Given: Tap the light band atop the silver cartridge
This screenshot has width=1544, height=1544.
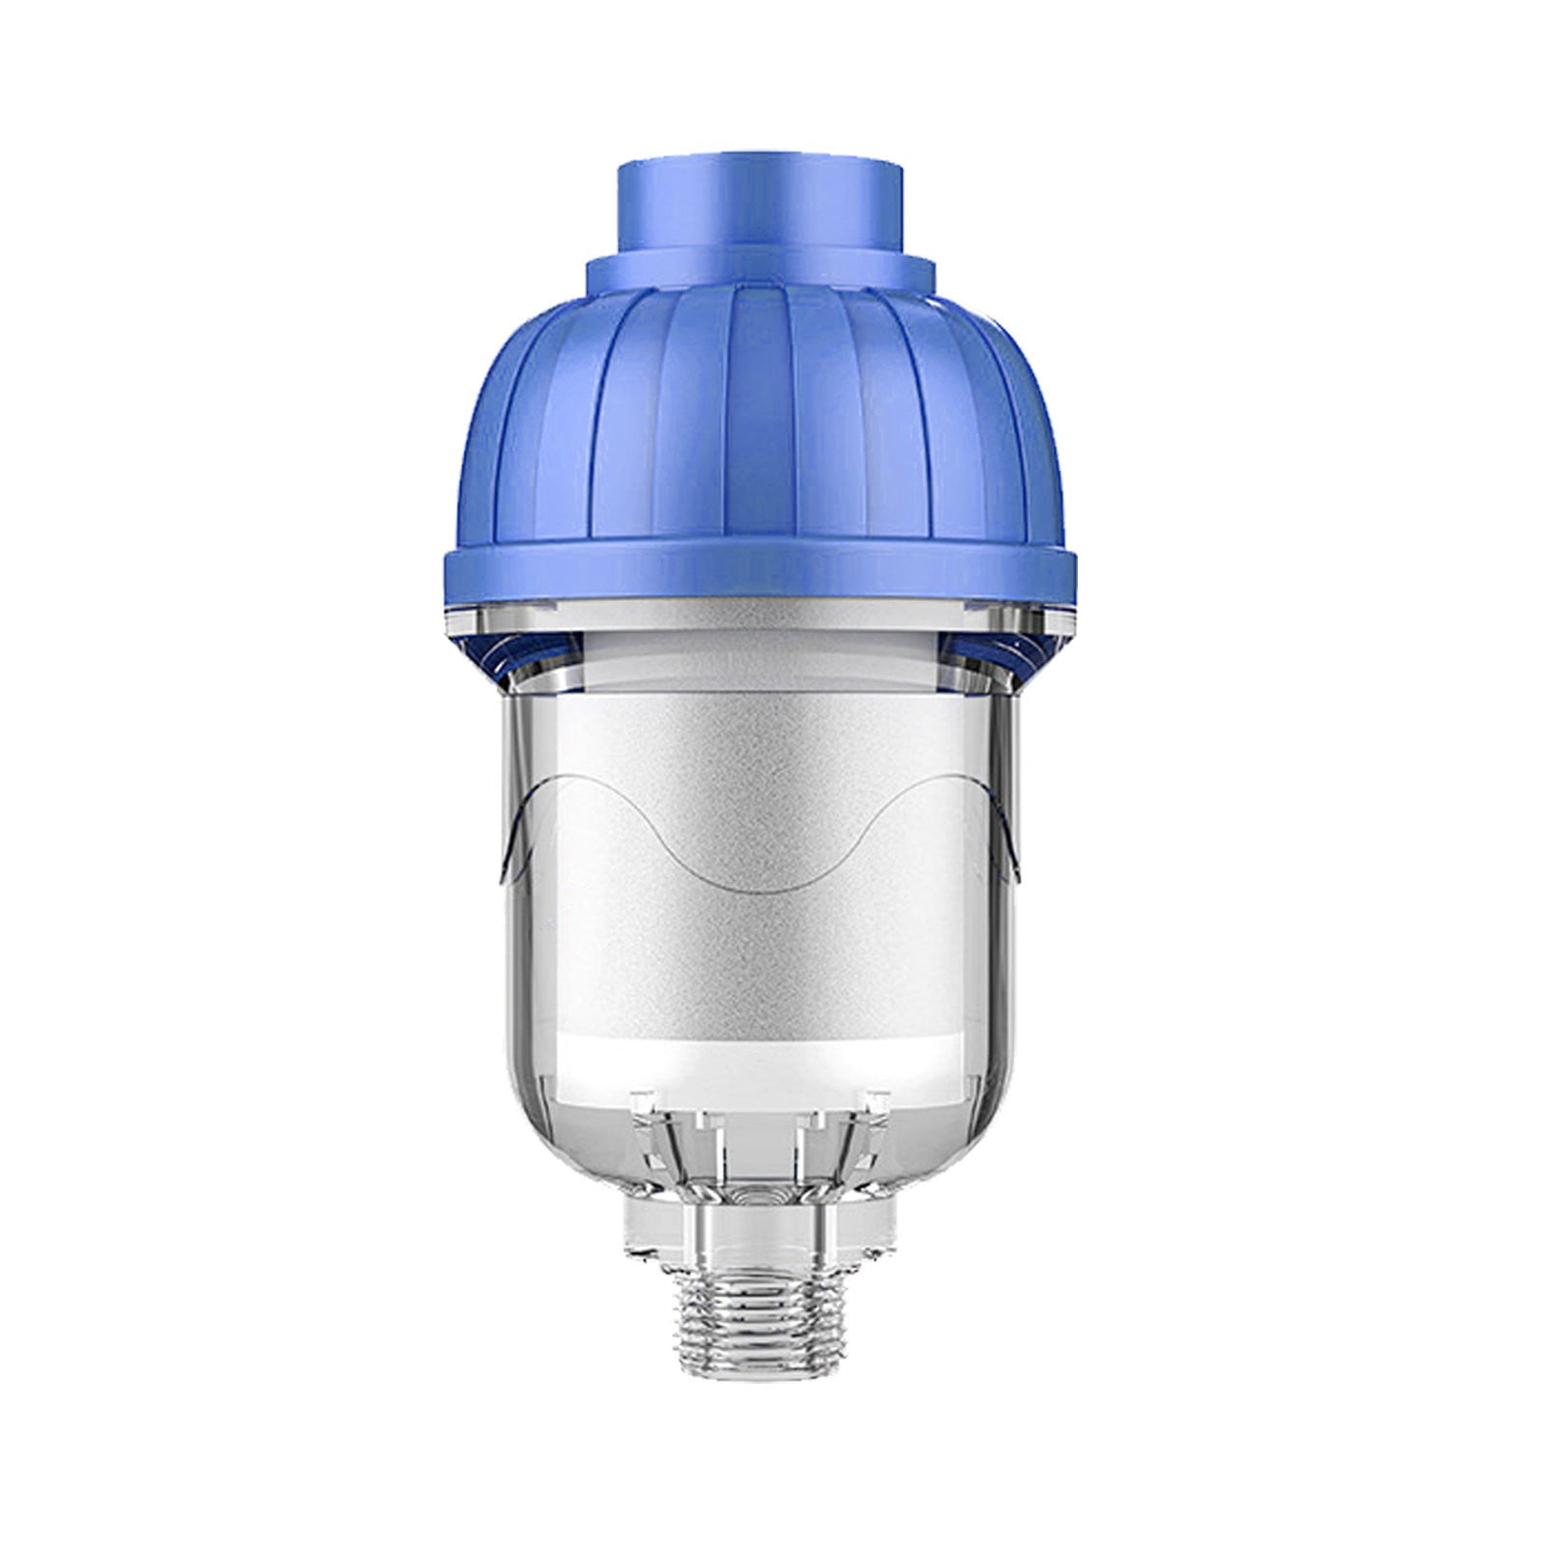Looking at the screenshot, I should click(760, 666).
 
